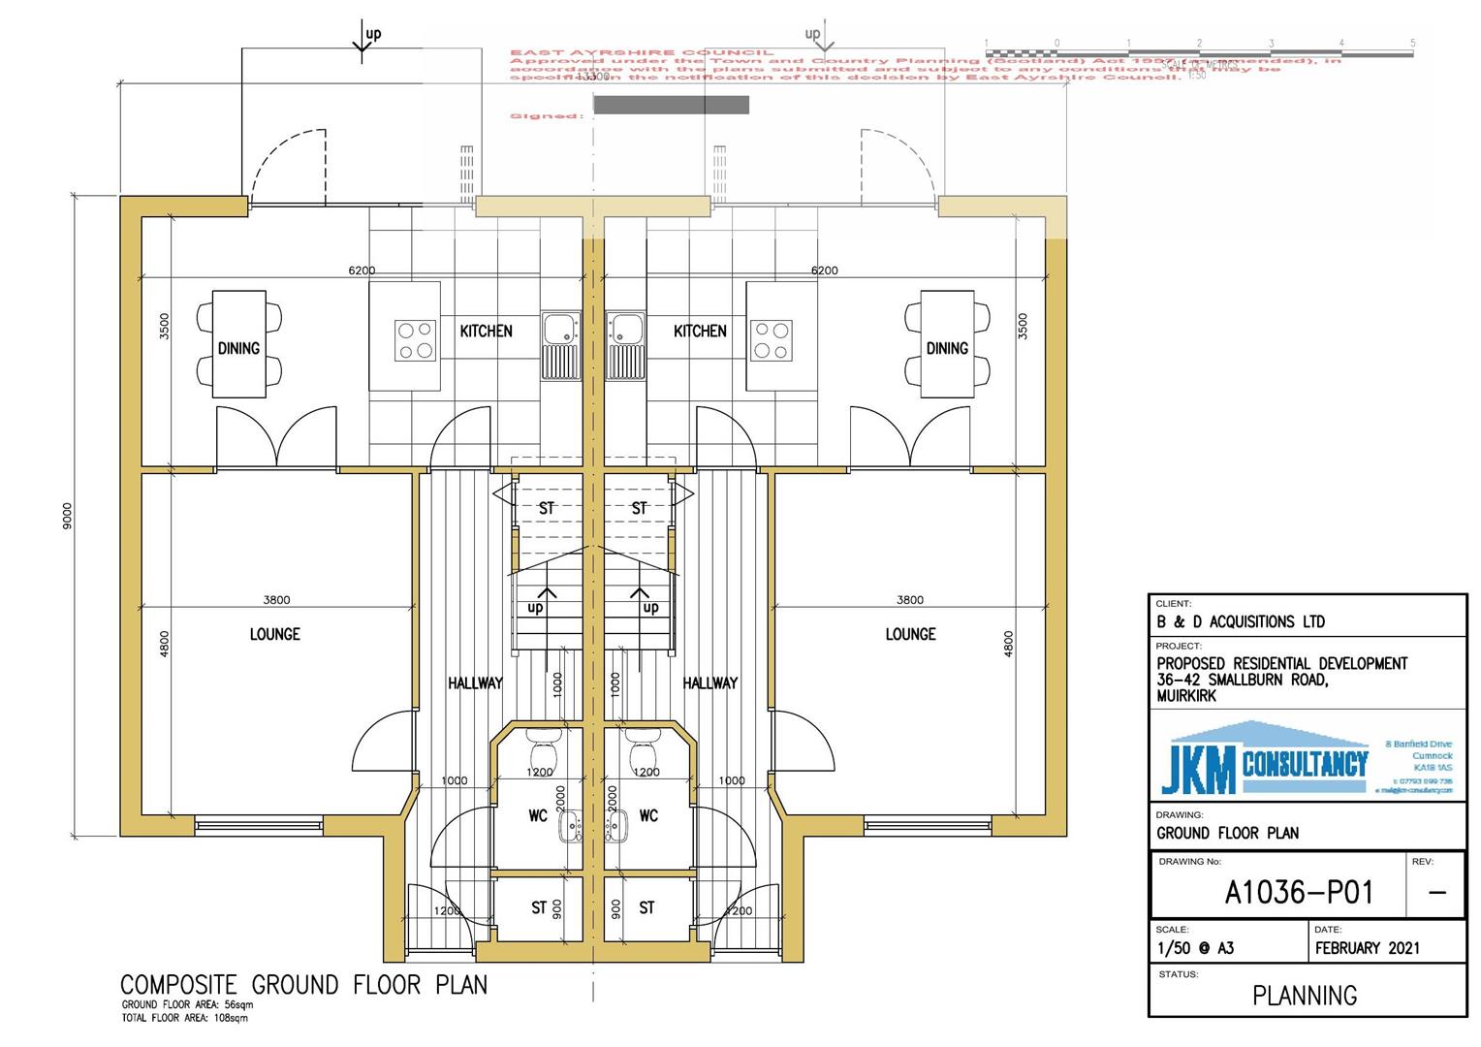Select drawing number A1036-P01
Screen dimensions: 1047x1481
click(x=1299, y=892)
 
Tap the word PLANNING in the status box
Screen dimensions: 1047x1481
click(x=1305, y=995)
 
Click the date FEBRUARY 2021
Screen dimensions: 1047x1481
click(x=1367, y=948)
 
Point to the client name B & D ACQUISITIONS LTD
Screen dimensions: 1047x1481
click(x=1240, y=621)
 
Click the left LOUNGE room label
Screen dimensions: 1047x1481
click(x=275, y=634)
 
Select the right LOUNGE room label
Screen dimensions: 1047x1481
click(x=910, y=634)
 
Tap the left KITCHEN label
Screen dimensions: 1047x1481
click(x=486, y=332)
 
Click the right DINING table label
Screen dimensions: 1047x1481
click(x=947, y=348)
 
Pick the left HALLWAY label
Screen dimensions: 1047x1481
click(x=475, y=683)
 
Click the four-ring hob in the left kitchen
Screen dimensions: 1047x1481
click(x=416, y=340)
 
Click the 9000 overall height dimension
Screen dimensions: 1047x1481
click(x=67, y=516)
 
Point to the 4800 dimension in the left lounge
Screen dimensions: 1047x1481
click(x=164, y=644)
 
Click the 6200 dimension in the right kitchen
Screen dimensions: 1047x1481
click(x=825, y=270)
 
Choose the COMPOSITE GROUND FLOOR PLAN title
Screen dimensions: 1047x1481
click(x=303, y=985)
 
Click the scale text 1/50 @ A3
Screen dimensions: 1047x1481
click(x=1195, y=949)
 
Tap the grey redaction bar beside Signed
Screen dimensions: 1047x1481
click(x=671, y=105)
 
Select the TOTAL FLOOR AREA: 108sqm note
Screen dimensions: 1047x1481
click(x=185, y=1019)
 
